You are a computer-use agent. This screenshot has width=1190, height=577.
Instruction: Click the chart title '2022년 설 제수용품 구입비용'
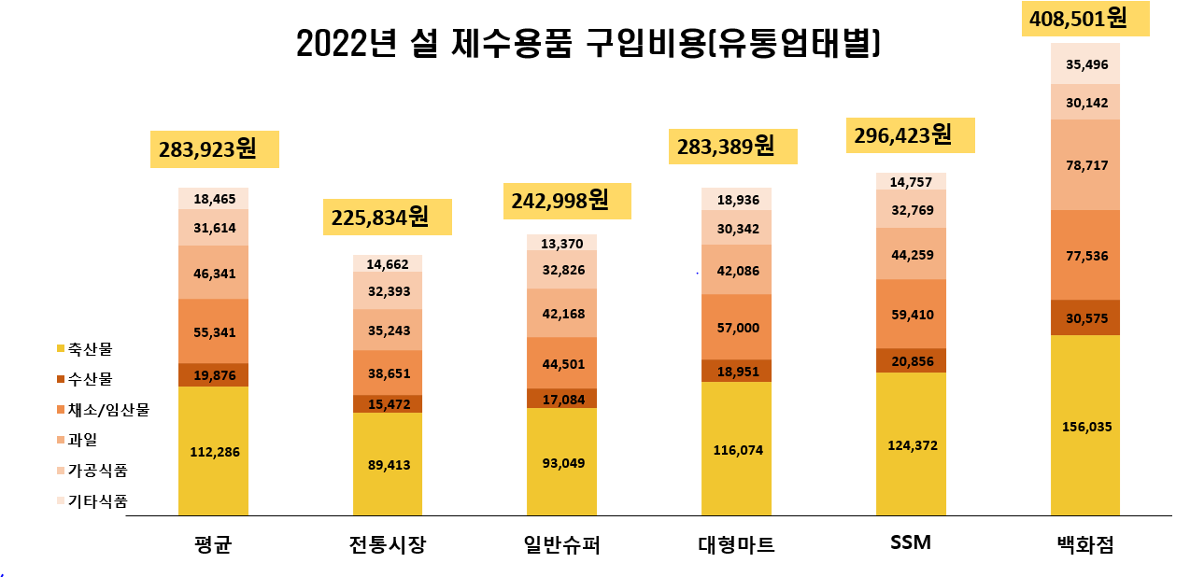588,43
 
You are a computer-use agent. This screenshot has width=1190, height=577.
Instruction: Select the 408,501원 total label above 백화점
1084,19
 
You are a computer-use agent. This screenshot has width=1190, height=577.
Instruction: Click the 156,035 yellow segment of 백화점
1085,427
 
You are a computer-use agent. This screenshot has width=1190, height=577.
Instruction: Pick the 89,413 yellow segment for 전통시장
387,464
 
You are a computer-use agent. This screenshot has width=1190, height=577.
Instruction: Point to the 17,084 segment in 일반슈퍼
561,399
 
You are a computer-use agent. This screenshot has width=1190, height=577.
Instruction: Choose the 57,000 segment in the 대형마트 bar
736,327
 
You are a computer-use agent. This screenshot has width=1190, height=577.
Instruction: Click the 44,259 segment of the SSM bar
911,254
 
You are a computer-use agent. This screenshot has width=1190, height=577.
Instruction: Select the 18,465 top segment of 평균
213,199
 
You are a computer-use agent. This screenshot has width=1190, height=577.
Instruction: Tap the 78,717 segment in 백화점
1085,165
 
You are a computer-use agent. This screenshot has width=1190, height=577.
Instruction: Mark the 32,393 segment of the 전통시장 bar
387,290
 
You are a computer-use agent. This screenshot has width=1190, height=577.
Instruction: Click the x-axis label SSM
911,542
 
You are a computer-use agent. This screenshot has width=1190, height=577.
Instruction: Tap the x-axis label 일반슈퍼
561,544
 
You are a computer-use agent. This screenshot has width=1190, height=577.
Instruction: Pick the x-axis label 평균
213,544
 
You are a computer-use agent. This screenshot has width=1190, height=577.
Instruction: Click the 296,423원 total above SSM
910,135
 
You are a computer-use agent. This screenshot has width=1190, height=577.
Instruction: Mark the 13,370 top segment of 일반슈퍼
561,243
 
